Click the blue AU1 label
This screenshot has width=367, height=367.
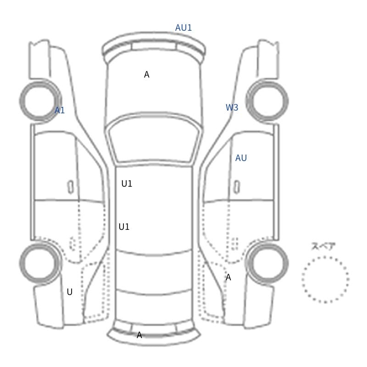(183, 28)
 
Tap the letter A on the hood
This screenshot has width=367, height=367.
(146, 74)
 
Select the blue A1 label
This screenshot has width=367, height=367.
(60, 110)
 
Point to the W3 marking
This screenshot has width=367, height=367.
(232, 107)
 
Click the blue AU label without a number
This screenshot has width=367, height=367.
(241, 158)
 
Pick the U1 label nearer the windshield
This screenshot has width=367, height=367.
(127, 184)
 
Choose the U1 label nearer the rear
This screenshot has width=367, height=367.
(124, 227)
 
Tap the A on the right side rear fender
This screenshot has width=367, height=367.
(228, 278)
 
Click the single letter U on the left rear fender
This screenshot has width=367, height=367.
(70, 292)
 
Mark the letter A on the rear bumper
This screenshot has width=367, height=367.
(139, 335)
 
